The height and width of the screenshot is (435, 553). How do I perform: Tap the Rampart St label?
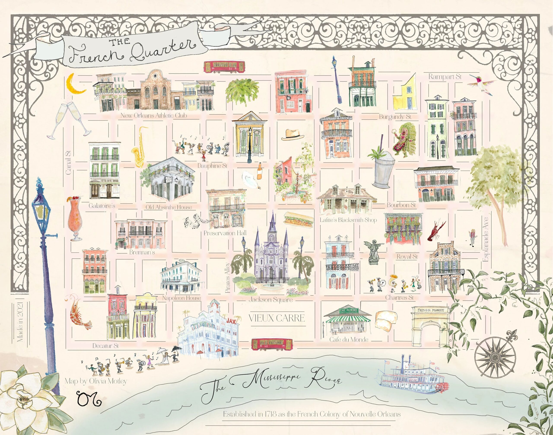(x=445, y=77)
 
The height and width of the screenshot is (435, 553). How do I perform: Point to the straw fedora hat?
(x=293, y=134)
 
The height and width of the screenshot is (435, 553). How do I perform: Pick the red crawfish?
(x=437, y=231)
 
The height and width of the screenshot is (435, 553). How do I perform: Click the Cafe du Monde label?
(x=349, y=339)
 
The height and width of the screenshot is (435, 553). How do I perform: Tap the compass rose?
(x=495, y=357)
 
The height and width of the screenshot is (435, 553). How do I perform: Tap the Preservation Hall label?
(x=225, y=233)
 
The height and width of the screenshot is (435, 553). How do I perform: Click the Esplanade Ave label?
(x=486, y=239)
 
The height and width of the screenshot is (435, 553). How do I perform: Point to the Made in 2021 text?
(x=20, y=322)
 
